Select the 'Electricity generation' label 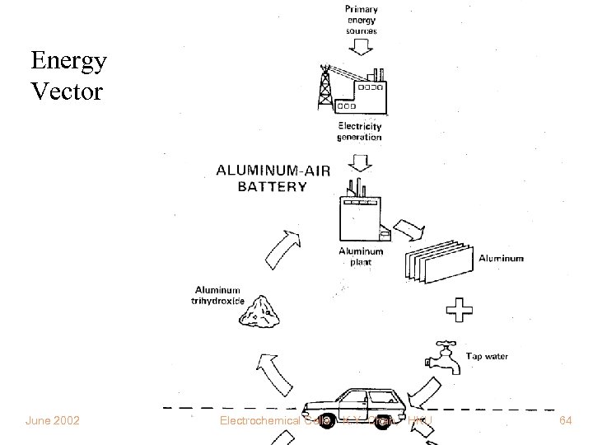360,131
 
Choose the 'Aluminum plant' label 361,256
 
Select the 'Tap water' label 488,357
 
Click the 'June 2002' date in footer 53,421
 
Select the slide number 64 565,421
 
